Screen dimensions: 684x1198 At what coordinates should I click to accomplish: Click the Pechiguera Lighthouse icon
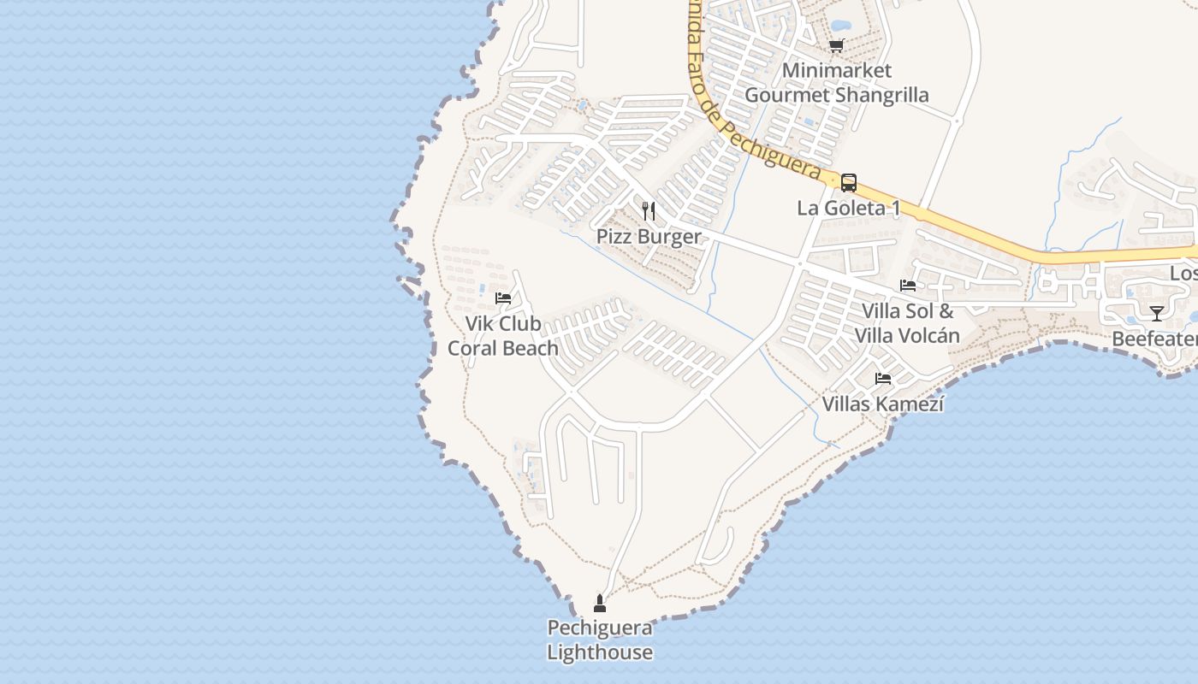coord(600,604)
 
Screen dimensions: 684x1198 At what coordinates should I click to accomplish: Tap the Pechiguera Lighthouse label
coord(600,640)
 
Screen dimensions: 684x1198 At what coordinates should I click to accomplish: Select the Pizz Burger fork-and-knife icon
coord(649,210)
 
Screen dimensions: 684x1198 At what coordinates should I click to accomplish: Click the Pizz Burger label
coord(649,237)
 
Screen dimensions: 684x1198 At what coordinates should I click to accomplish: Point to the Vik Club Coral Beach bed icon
coord(503,298)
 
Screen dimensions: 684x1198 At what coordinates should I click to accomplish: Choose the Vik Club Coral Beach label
coord(503,336)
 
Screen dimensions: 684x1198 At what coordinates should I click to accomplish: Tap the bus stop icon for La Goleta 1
coord(848,182)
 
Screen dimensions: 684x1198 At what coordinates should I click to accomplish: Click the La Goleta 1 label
coord(848,208)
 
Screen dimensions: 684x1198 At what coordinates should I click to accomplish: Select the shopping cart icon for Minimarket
coord(836,45)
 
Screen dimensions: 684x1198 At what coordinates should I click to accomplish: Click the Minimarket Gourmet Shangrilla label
coord(836,82)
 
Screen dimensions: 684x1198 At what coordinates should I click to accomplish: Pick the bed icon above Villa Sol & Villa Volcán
coord(907,285)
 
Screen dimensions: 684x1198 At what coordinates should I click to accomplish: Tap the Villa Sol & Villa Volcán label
coord(907,323)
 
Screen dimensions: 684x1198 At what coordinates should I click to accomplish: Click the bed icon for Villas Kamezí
coord(882,378)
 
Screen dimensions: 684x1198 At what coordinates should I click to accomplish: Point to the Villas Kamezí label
coord(882,404)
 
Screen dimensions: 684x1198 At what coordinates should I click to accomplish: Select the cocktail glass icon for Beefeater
coord(1156,313)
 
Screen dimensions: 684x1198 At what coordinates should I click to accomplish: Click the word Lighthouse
coord(600,652)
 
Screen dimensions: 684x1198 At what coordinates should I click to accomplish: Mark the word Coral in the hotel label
coord(474,348)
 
